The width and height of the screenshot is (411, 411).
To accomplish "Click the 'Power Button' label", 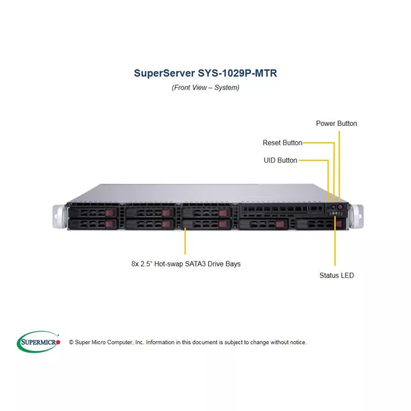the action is (337, 123).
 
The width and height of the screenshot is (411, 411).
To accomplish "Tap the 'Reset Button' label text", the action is (282, 143).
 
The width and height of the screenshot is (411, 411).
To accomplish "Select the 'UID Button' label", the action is (280, 160).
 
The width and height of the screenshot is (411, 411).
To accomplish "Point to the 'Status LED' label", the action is (337, 275).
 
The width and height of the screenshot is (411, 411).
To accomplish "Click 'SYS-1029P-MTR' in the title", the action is (237, 73).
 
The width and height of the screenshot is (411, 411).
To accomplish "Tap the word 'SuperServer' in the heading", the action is (164, 73).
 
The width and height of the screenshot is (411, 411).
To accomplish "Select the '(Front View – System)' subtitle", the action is (206, 87).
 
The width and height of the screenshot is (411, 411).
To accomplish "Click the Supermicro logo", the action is (39, 342).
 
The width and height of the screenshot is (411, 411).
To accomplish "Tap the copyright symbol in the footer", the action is (71, 342).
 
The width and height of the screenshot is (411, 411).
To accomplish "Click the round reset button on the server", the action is (333, 207).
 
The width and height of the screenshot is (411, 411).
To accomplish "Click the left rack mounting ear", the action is (59, 216).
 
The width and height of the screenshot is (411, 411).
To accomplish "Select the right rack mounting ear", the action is (357, 216).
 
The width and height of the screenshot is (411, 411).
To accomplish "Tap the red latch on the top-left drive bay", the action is (109, 213).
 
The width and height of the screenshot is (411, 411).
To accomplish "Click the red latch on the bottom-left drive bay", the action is (109, 225).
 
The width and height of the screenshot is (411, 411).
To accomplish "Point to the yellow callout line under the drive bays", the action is (185, 241).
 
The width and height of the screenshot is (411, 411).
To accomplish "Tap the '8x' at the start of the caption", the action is (135, 264).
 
